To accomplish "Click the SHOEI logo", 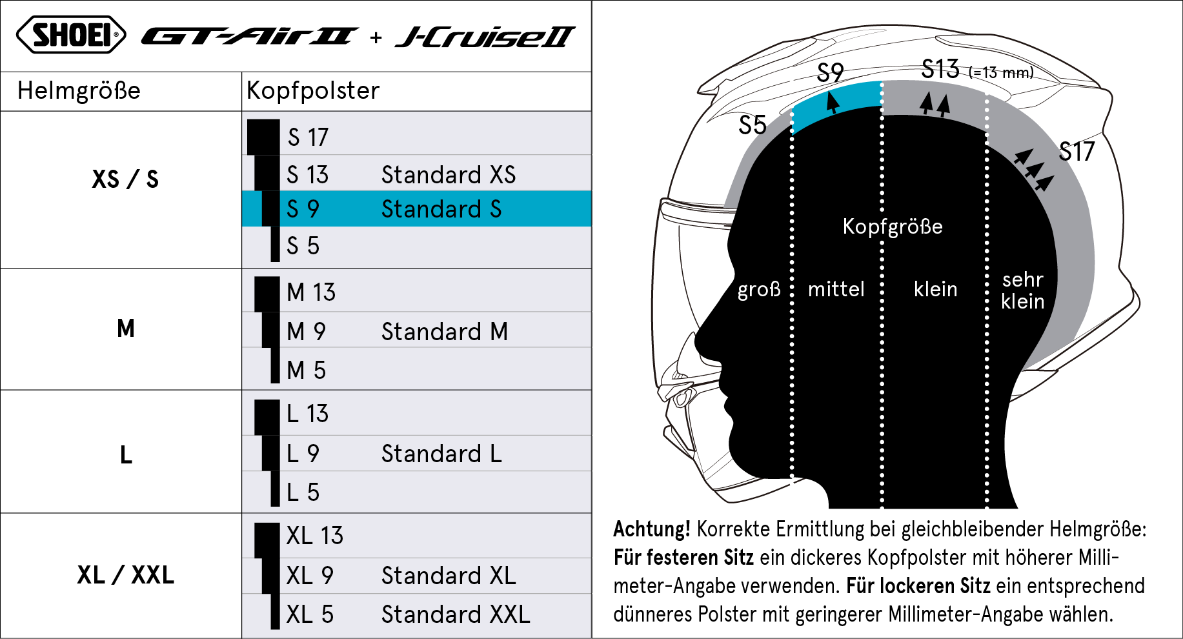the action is coord(71,35).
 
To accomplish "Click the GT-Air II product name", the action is coord(249,36).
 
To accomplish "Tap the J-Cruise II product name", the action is coord(485,37).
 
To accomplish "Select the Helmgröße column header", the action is coord(79,90).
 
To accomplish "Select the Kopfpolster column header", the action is coord(313,90).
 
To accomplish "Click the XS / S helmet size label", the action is coord(125,179).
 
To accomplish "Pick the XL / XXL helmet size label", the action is coord(125,574).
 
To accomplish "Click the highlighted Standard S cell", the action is coord(441,209).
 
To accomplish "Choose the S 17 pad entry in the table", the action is coord(308,137).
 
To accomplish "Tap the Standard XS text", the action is coord(449,175).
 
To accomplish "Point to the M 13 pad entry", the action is coord(311,292).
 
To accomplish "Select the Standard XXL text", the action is coord(456,614).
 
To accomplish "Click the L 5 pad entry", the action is coord(303,492).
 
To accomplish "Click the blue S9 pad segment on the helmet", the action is coord(836,106).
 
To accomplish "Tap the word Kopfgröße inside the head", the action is coord(893,227).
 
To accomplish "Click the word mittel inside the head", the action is coord(836,289).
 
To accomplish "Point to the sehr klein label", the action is coord(1023,290).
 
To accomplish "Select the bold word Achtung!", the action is coord(652,529).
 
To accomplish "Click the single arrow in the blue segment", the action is coord(833,102).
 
